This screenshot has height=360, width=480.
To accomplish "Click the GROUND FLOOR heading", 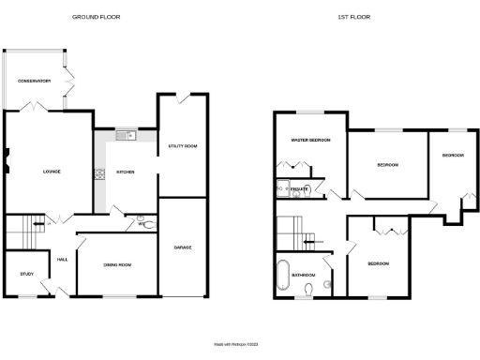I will click(x=97, y=17).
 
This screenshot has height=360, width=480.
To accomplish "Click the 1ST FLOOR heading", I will click(x=351, y=17).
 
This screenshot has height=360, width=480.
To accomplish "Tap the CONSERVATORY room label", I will click(x=32, y=81).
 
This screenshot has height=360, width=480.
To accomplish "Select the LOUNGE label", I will click(x=52, y=172).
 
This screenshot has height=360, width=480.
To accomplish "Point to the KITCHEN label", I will click(x=126, y=172).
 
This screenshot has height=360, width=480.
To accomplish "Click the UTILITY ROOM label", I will click(x=182, y=147).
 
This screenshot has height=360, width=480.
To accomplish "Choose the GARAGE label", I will click(x=182, y=247).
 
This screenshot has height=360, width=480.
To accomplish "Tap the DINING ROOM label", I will click(x=117, y=265).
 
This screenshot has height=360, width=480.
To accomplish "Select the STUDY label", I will click(x=26, y=274).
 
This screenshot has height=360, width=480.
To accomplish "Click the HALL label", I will click(x=62, y=260).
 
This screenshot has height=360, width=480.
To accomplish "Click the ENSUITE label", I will click(x=300, y=189).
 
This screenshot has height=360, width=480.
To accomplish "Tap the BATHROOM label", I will click(x=303, y=275).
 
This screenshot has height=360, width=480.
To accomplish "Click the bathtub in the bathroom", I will click(x=283, y=277).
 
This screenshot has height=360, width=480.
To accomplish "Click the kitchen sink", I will click(x=125, y=137).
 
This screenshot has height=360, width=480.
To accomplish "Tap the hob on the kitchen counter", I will click(x=97, y=172).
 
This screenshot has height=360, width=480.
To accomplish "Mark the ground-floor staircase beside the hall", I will click(x=24, y=226).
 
